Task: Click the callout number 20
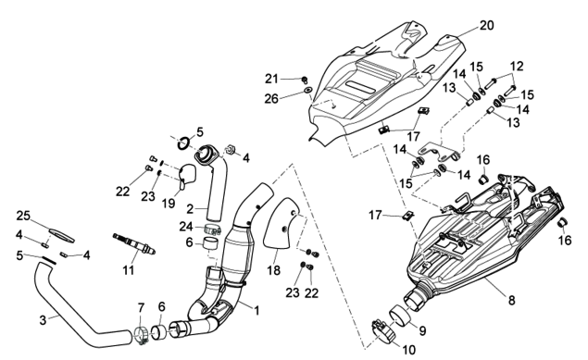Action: pyautogui.click(x=487, y=26)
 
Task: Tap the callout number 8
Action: pyautogui.click(x=512, y=300)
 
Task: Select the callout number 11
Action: pyautogui.click(x=129, y=270)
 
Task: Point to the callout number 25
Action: pyautogui.click(x=23, y=216)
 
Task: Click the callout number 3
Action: pyautogui.click(x=44, y=320)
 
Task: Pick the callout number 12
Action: pyautogui.click(x=517, y=67)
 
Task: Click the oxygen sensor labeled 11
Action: pyautogui.click(x=134, y=243)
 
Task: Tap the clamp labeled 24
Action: pyautogui.click(x=213, y=229)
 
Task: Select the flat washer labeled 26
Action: pyautogui.click(x=308, y=90)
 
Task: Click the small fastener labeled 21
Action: pyautogui.click(x=305, y=80)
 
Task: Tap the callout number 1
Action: pyautogui.click(x=256, y=311)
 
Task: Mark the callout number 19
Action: pyautogui.click(x=169, y=203)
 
